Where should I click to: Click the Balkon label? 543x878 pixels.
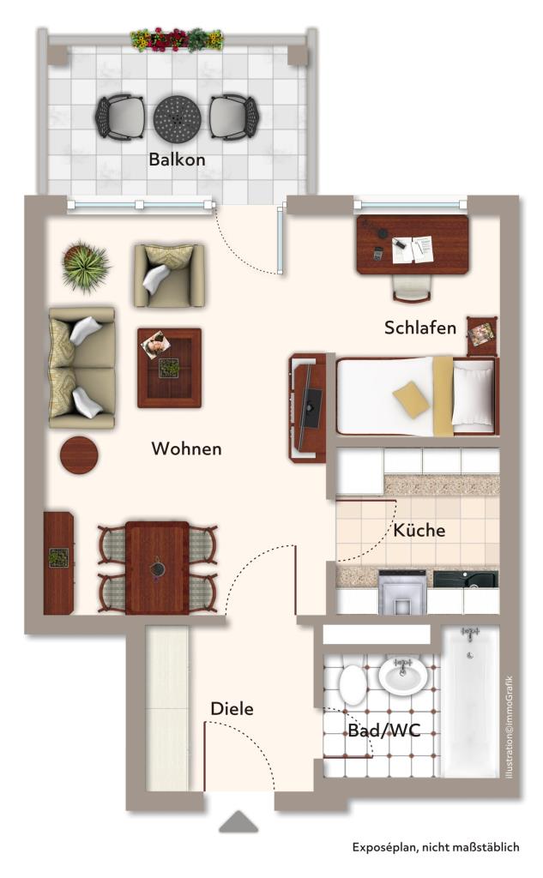click(177, 159)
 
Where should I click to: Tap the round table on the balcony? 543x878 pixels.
click(177, 118)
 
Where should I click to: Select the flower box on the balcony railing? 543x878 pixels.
click(177, 40)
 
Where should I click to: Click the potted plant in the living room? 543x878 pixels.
click(86, 266)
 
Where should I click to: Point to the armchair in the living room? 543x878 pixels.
click(169, 275)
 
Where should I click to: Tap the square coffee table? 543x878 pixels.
click(169, 368)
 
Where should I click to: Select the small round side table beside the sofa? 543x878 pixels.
click(79, 454)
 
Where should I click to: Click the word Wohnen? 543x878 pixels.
click(187, 448)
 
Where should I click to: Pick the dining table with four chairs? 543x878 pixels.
click(158, 568)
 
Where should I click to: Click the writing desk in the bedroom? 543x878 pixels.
click(413, 245)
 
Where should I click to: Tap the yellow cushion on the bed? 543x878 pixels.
click(412, 400)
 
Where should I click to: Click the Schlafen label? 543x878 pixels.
click(420, 328)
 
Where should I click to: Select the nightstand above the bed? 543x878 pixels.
click(482, 336)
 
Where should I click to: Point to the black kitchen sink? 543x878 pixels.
click(465, 579)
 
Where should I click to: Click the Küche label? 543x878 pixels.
click(419, 530)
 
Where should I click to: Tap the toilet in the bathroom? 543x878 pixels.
click(353, 683)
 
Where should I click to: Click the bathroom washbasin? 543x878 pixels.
click(403, 676)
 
